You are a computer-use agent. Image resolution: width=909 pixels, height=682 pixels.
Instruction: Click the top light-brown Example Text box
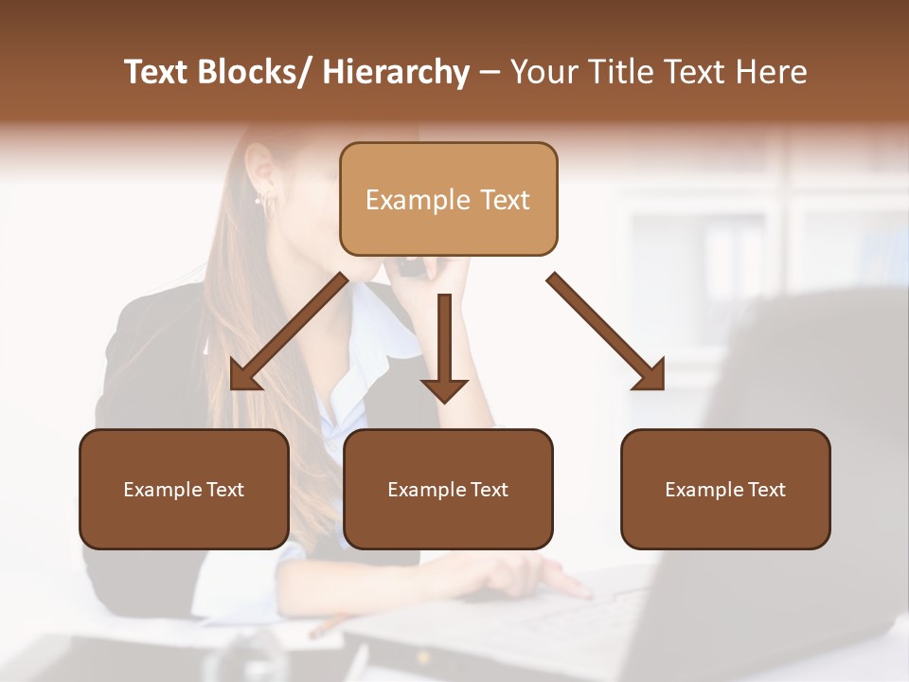[448, 199]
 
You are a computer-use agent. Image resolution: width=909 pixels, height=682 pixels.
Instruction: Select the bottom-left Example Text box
[184, 489]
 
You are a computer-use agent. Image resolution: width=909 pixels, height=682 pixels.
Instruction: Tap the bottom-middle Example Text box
[448, 489]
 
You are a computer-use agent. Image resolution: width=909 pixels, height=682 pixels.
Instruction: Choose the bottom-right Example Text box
[725, 489]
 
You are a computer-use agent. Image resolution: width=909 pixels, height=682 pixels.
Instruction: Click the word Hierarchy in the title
[396, 72]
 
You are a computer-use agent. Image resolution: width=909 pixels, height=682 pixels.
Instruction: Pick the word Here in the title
[772, 72]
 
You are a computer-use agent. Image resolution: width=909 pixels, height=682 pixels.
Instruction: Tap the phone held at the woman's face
[412, 268]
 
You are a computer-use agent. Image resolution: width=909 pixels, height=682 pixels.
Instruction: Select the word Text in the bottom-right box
[766, 490]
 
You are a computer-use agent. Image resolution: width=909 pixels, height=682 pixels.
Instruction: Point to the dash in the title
[490, 73]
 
